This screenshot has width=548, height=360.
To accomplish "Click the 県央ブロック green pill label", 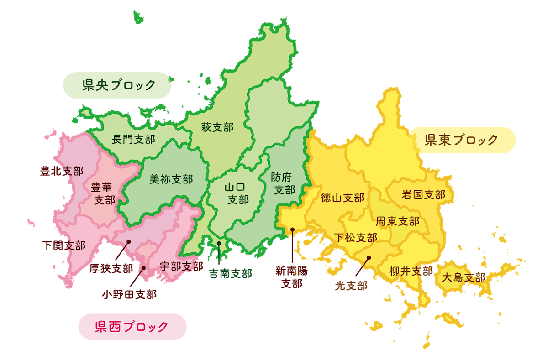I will (117, 85).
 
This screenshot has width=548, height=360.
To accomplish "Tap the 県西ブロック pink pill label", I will (132, 327).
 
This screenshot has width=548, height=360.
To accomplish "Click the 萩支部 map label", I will (217, 128).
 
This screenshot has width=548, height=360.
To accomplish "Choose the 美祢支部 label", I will (171, 179).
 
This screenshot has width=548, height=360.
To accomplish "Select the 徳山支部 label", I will (342, 198).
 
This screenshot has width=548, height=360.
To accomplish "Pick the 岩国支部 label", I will (423, 195).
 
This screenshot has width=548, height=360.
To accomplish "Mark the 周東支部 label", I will (397, 222).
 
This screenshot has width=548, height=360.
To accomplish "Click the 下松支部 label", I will (355, 237).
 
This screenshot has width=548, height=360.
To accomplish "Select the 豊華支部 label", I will (104, 193).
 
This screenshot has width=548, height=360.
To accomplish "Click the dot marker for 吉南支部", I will (219, 244).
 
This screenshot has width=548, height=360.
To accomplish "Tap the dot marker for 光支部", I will (369, 258).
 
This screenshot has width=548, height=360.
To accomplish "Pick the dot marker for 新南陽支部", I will (292, 230).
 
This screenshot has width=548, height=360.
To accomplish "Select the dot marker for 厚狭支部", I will (129, 241).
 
